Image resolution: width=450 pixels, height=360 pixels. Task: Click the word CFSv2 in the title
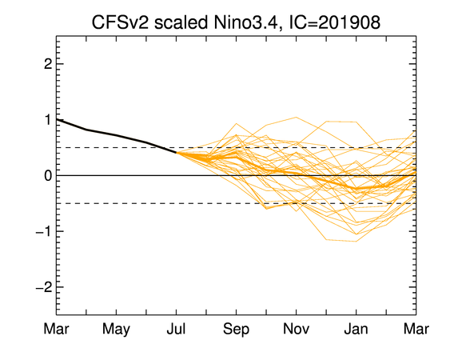click(120, 22)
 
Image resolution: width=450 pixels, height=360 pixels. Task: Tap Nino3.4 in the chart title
click(245, 22)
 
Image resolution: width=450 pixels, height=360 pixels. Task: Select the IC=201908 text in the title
click(335, 22)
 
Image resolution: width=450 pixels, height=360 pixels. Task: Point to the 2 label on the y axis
click(48, 64)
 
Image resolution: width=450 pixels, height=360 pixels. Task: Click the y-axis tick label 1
click(48, 119)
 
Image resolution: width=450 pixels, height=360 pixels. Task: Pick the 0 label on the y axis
click(48, 175)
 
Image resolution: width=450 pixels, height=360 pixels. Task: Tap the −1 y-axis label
click(44, 231)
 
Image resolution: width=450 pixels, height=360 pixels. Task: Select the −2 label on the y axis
click(44, 286)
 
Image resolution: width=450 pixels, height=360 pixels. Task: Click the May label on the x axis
click(116, 330)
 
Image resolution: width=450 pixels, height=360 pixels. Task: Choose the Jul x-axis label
click(176, 329)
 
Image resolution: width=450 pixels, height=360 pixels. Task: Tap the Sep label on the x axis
click(236, 330)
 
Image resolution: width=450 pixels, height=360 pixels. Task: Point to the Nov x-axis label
click(297, 329)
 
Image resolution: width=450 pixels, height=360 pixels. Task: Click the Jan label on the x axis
click(356, 329)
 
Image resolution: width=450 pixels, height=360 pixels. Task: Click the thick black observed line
click(116, 135)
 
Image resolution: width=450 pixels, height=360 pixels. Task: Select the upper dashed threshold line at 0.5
click(237, 148)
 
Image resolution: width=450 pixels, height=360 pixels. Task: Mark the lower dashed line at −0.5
click(237, 203)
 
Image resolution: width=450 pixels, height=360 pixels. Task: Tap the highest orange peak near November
click(297, 118)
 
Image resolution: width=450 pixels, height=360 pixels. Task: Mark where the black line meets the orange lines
click(176, 153)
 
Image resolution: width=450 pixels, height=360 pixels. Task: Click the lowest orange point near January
click(356, 241)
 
